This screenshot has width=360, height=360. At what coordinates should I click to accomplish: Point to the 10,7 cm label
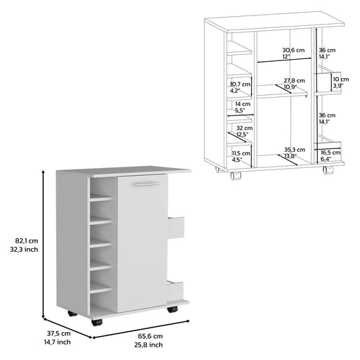pyautogui.click(x=240, y=85)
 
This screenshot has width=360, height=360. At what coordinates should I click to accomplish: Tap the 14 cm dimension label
pyautogui.click(x=240, y=105)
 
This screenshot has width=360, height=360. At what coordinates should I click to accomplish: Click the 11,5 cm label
pyautogui.click(x=240, y=153)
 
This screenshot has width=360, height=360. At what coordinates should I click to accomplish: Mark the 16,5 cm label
pyautogui.click(x=329, y=153)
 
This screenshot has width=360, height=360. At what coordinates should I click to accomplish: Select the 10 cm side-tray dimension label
pyautogui.click(x=340, y=79)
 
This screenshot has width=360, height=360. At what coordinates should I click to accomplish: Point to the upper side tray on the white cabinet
pyautogui.click(x=176, y=226)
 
